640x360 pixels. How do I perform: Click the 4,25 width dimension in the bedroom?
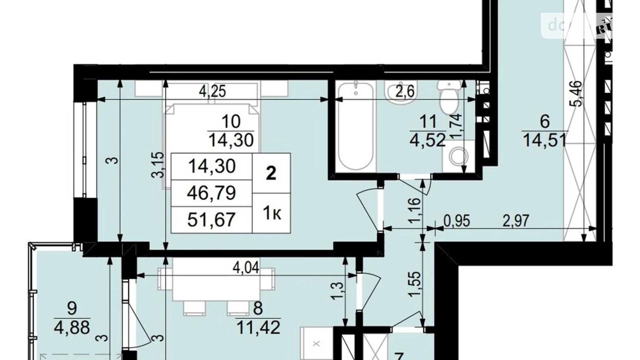pyautogui.click(x=212, y=91)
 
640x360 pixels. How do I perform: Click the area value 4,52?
pyautogui.click(x=428, y=141)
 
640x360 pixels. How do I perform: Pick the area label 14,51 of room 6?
pyautogui.click(x=545, y=141)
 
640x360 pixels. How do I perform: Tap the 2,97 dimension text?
pyautogui.click(x=515, y=221)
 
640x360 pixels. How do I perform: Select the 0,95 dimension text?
pyautogui.click(x=457, y=221)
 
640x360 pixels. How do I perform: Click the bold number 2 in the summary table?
pyautogui.click(x=271, y=173)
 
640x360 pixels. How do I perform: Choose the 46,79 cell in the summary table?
pyautogui.click(x=211, y=193)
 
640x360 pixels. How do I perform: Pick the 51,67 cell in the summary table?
pyautogui.click(x=211, y=219)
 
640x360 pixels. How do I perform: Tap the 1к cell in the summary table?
pyautogui.click(x=272, y=214)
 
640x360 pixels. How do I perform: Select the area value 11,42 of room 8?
pyautogui.click(x=258, y=327)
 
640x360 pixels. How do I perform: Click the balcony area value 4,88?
pyautogui.click(x=72, y=327)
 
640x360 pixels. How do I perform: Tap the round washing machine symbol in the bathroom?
pyautogui.click(x=459, y=157)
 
